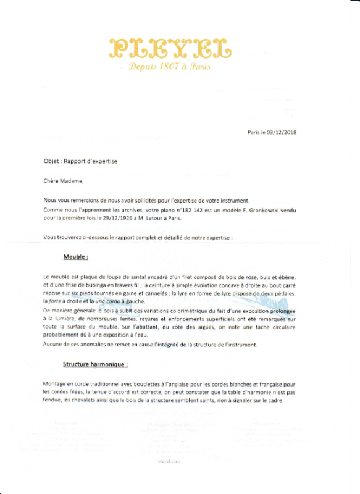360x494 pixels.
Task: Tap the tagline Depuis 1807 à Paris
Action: pyautogui.click(x=170, y=67)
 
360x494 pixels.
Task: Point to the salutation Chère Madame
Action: pyautogui.click(x=63, y=181)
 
